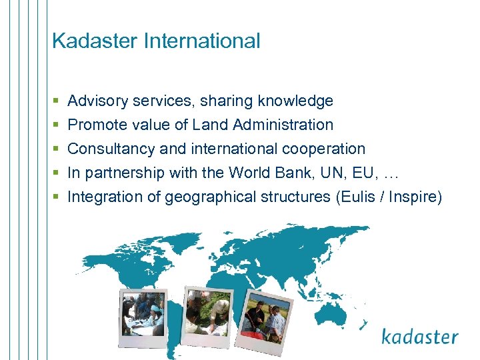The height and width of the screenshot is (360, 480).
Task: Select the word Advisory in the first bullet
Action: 97,101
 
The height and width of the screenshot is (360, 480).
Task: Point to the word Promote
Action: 95,125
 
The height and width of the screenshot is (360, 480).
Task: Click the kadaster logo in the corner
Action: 419,336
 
